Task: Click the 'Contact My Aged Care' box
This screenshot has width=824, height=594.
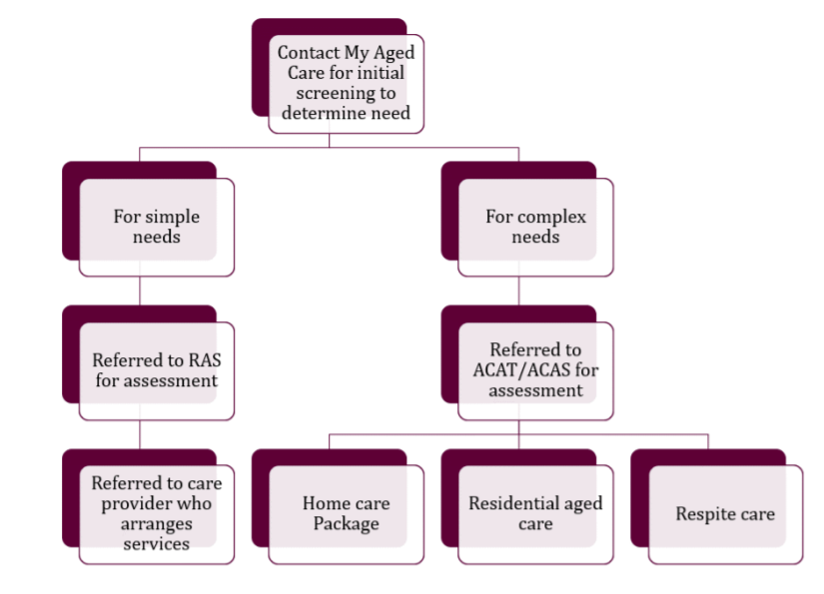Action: (x=345, y=82)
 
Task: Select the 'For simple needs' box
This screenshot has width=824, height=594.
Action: (x=156, y=227)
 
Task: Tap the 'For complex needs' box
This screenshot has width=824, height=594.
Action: (x=535, y=227)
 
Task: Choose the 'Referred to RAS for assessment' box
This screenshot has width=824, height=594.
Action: (x=156, y=370)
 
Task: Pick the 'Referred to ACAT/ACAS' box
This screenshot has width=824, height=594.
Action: (x=535, y=370)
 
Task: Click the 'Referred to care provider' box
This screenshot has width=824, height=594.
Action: (x=156, y=513)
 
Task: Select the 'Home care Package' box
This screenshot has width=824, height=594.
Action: (x=346, y=513)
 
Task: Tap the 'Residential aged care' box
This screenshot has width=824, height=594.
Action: (x=535, y=513)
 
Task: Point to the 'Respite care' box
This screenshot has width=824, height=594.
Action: (x=725, y=514)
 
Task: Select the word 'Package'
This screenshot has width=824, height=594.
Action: (x=346, y=524)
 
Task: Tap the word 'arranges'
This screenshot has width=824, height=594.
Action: (x=157, y=524)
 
